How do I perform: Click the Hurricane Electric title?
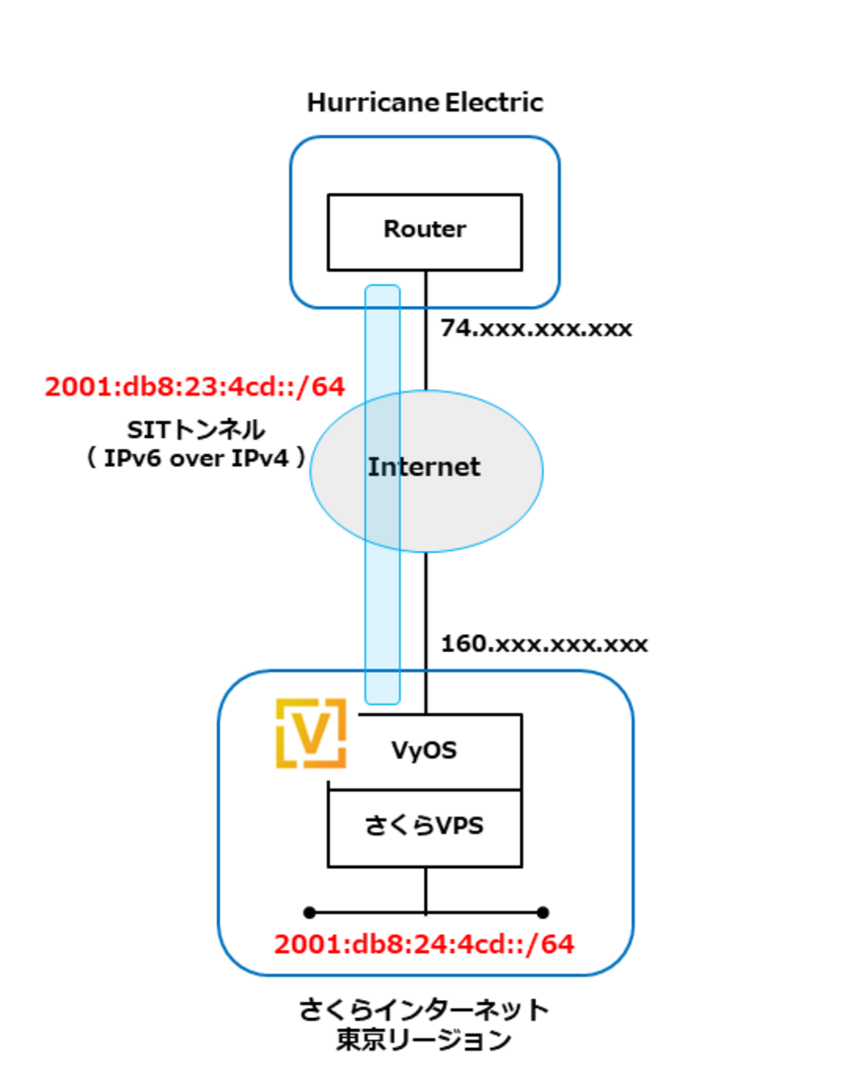[x=425, y=103]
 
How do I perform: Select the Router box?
[x=424, y=231]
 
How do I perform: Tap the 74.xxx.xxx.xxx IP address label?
[x=536, y=328]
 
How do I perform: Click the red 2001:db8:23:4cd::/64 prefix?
[x=194, y=387]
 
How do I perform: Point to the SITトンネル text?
[x=195, y=430]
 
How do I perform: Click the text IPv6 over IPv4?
[x=195, y=458]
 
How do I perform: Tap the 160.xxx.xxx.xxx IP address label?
[x=544, y=644]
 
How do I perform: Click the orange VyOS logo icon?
[x=311, y=733]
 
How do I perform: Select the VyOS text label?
[x=424, y=750]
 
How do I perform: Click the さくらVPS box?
[x=424, y=827]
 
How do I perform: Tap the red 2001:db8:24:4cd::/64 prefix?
[x=424, y=944]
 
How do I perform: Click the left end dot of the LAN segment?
[x=310, y=912]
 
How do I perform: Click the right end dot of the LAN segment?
[x=542, y=912]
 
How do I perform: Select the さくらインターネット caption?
[x=424, y=1010]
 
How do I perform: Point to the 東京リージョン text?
[x=424, y=1039]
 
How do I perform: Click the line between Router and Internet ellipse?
[x=426, y=346]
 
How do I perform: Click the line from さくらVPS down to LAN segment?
[x=426, y=889]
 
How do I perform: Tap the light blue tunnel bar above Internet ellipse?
[x=382, y=340]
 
